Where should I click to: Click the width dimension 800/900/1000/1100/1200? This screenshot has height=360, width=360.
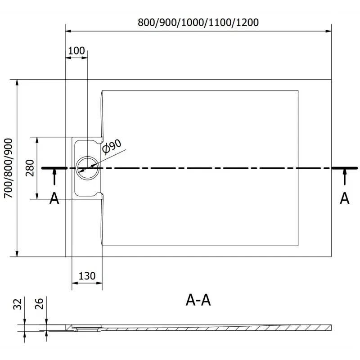[198, 22]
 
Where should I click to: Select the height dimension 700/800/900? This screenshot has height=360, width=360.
[8, 168]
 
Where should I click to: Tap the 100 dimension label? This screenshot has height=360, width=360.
[76, 50]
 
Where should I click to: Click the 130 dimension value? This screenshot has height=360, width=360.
[87, 276]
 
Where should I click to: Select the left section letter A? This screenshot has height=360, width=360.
[54, 198]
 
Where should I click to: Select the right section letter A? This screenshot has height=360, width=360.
[344, 198]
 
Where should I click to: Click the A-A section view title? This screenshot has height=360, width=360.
[198, 300]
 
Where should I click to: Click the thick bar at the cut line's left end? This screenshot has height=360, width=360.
[54, 168]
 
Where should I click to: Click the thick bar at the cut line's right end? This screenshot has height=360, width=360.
[345, 168]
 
